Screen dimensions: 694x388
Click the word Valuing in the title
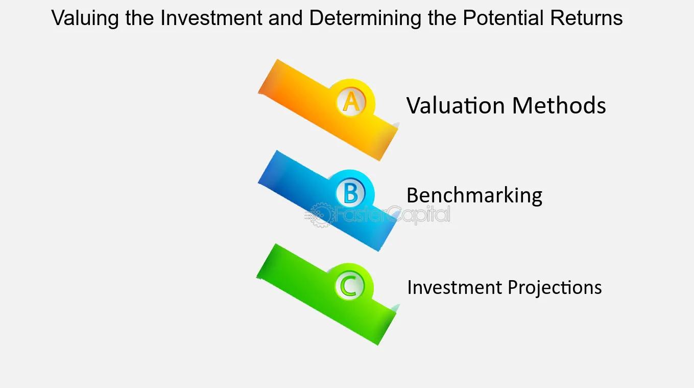85,18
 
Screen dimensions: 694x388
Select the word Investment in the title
211,18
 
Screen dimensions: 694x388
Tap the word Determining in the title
365,18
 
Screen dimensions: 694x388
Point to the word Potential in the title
503,18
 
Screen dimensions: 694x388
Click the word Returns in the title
586,18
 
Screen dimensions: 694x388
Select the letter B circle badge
351,193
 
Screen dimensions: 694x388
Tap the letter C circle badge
350,286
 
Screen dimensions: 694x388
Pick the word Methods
559,105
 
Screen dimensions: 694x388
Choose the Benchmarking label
474,195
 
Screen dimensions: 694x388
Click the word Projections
555,287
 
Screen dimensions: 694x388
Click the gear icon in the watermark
320,215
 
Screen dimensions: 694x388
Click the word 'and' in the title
285,18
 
